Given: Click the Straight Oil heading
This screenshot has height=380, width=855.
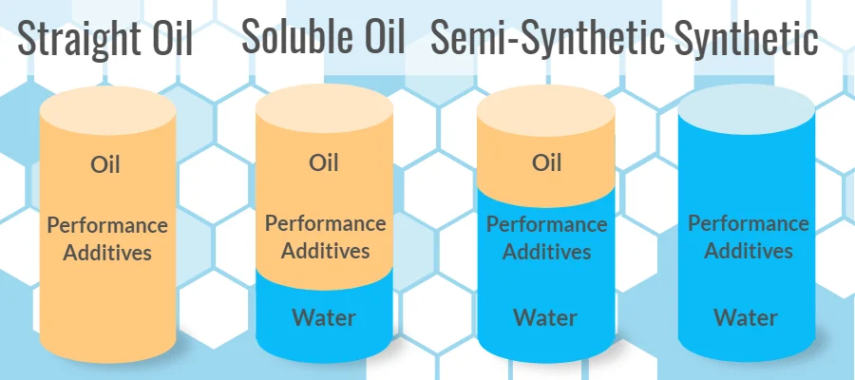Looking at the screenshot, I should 105,40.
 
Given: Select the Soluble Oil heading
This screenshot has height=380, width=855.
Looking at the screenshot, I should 323,38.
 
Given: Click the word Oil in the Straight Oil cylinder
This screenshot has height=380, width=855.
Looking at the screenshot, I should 105,164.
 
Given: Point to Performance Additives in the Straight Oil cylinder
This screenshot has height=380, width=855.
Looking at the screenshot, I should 107,238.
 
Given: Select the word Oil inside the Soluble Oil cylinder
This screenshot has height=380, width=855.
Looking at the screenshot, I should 324,161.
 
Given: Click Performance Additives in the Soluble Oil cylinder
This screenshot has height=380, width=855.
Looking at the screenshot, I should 325,237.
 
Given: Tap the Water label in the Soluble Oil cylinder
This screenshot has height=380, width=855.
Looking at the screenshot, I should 324,316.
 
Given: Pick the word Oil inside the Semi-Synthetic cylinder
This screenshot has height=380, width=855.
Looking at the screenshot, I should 546,162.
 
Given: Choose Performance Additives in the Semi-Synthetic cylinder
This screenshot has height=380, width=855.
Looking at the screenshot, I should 546,238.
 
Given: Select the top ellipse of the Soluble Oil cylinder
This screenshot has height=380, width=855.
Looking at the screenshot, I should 325,104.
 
